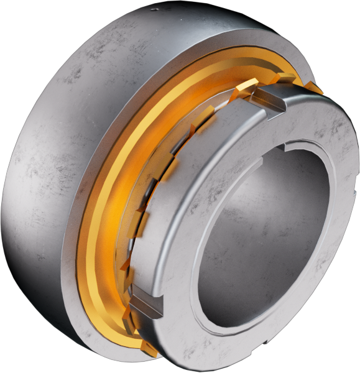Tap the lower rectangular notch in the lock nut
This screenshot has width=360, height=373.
tap(145, 305)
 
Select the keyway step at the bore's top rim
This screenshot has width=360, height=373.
tap(287, 148)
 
